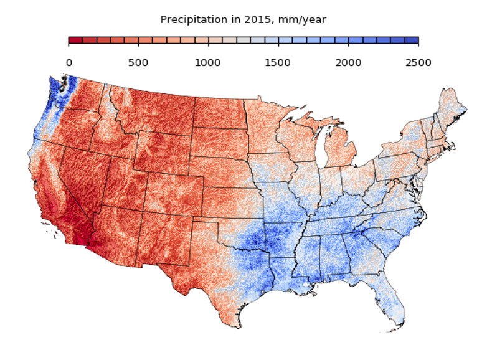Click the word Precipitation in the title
189,20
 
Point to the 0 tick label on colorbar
69,62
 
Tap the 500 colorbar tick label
138,62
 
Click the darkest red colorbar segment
75,40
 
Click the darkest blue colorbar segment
411,40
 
